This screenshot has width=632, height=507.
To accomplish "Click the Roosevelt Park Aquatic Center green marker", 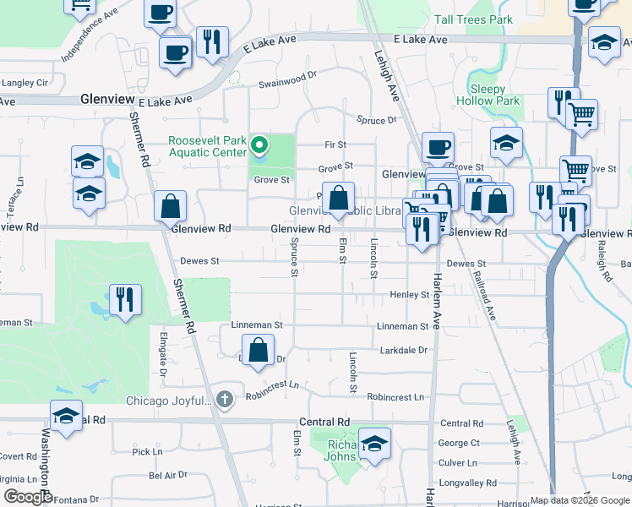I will (261, 146).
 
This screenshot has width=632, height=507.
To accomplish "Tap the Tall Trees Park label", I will (473, 19).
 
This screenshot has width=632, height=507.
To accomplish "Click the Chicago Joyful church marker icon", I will (224, 399).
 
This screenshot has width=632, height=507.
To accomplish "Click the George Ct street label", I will (459, 443).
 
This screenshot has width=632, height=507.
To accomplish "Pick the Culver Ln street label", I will (458, 463).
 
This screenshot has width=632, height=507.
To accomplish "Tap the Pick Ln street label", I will (147, 452).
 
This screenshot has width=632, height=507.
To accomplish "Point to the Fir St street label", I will (335, 145).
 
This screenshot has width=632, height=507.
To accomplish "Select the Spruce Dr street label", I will (376, 121).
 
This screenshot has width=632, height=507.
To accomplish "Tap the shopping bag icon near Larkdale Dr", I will (259, 350).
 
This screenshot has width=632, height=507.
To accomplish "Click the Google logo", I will (27, 498).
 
